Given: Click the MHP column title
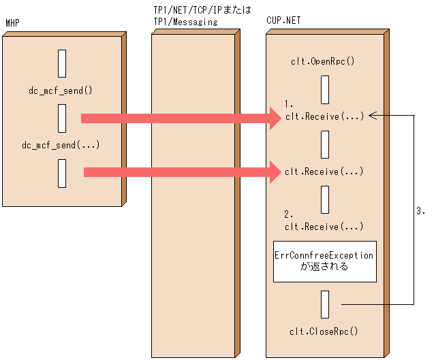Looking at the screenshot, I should click(x=12, y=23).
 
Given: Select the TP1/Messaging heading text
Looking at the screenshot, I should click(x=185, y=22).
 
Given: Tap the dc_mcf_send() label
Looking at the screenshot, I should click(x=61, y=90).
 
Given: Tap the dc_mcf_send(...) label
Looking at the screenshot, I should click(x=61, y=144).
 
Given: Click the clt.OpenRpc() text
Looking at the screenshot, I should click(x=324, y=62).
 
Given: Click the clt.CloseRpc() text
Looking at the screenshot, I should click(x=324, y=331).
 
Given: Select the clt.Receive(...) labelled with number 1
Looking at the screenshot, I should click(x=324, y=116).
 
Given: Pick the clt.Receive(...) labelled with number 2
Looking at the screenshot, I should click(x=324, y=226).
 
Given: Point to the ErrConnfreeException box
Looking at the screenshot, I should click(x=324, y=261).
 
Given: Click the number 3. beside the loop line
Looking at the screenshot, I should click(x=420, y=212).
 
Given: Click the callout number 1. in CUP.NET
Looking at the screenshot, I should click(x=288, y=105).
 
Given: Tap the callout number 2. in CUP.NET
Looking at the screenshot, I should click(x=288, y=214).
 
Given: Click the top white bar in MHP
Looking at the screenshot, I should click(x=62, y=63).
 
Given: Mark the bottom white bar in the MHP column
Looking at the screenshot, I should click(x=62, y=173).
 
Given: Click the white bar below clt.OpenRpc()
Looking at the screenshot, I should click(x=325, y=90).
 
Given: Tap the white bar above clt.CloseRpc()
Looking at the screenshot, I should click(x=325, y=304).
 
